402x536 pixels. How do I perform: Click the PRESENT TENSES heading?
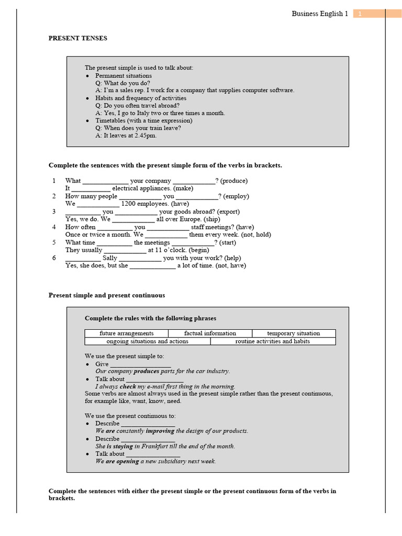pos(78,38)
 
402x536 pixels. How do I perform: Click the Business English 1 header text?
pos(319,14)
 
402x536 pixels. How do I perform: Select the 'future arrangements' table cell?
pos(127,333)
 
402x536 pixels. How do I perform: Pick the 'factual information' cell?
pos(210,333)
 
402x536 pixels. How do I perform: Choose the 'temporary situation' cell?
pos(293,333)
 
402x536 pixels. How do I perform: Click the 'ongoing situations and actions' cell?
pos(148,341)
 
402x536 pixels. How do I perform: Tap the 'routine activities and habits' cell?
pos(273,341)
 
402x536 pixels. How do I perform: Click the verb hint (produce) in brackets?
pos(234,181)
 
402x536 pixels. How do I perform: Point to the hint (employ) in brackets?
pos(236,196)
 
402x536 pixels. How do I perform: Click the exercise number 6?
pos(53,258)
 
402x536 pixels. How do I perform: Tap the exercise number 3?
pos(53,211)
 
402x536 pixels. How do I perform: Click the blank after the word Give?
pos(141,365)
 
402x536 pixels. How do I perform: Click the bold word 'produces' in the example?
pos(147,371)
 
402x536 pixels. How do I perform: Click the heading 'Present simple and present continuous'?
pos(107,295)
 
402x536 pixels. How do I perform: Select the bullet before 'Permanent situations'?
pos(88,76)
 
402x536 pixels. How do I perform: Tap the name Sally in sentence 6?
pos(110,258)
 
